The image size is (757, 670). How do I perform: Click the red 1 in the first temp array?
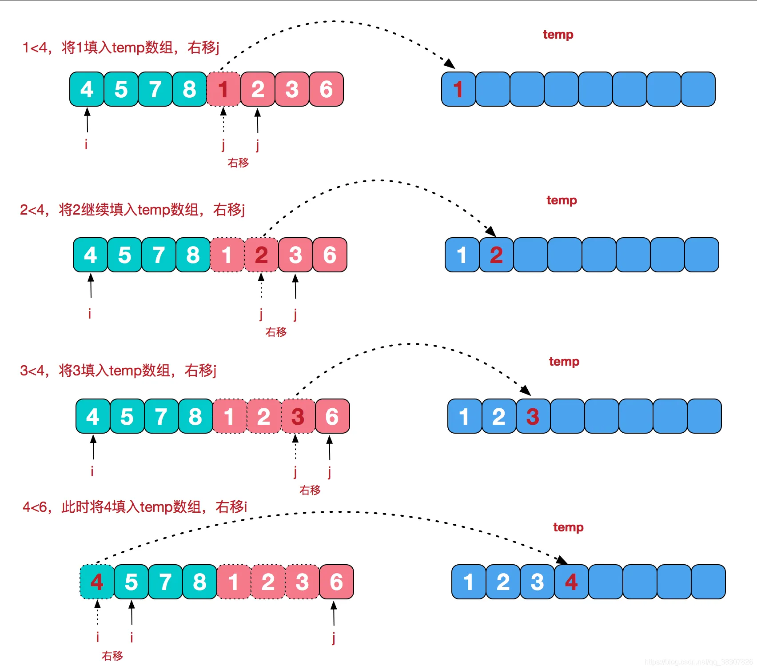pyautogui.click(x=458, y=89)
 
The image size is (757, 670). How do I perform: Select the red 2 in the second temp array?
pyautogui.click(x=496, y=255)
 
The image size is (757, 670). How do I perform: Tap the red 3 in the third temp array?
pyautogui.click(x=533, y=416)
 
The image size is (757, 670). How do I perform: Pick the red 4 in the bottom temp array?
pyautogui.click(x=571, y=582)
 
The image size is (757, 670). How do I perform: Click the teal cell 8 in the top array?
pyautogui.click(x=189, y=89)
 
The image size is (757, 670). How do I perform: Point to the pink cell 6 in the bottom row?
pyautogui.click(x=336, y=582)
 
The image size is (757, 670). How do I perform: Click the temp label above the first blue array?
pyautogui.click(x=558, y=35)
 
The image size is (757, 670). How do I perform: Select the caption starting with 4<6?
pyautogui.click(x=135, y=506)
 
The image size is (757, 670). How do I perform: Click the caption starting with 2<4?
pyautogui.click(x=132, y=209)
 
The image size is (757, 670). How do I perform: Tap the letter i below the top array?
pyautogui.click(x=86, y=144)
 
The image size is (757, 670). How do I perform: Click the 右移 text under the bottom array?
pyautogui.click(x=112, y=656)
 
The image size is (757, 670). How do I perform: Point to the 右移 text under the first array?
pyautogui.click(x=238, y=163)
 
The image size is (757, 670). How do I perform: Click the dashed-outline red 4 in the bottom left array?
pyautogui.click(x=97, y=582)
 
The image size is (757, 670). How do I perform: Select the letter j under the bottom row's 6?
pyautogui.click(x=334, y=638)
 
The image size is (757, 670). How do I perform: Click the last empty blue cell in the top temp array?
pyautogui.click(x=698, y=89)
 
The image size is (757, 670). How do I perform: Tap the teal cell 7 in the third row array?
pyautogui.click(x=161, y=416)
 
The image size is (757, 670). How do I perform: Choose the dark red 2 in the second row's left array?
pyautogui.click(x=261, y=255)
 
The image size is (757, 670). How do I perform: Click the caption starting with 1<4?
pyautogui.click(x=121, y=47)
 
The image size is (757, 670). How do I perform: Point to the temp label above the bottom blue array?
pyautogui.click(x=568, y=527)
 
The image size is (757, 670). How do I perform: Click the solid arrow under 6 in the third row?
pyautogui.click(x=330, y=448)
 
